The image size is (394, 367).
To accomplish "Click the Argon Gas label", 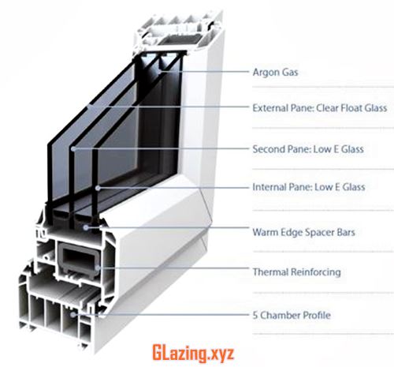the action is click(x=275, y=73).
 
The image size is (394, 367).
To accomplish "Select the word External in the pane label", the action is click(x=269, y=108).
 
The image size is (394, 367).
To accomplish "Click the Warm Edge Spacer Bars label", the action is click(x=303, y=232).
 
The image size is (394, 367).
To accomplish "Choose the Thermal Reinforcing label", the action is click(x=297, y=272).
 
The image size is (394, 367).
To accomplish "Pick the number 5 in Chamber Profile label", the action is click(x=255, y=315).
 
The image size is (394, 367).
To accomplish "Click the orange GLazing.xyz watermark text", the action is click(x=193, y=354).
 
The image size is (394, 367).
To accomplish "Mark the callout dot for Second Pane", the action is click(x=73, y=149).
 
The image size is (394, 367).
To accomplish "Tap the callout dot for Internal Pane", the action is click(x=98, y=188).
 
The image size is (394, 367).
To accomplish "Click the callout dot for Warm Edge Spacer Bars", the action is click(x=86, y=227).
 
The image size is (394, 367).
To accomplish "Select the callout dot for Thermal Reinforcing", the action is click(x=98, y=268).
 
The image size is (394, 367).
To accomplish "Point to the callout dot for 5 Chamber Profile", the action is click(x=72, y=314).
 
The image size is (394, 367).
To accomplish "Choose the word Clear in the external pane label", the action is click(x=327, y=108).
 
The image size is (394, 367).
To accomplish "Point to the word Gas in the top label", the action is click(x=290, y=72).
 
